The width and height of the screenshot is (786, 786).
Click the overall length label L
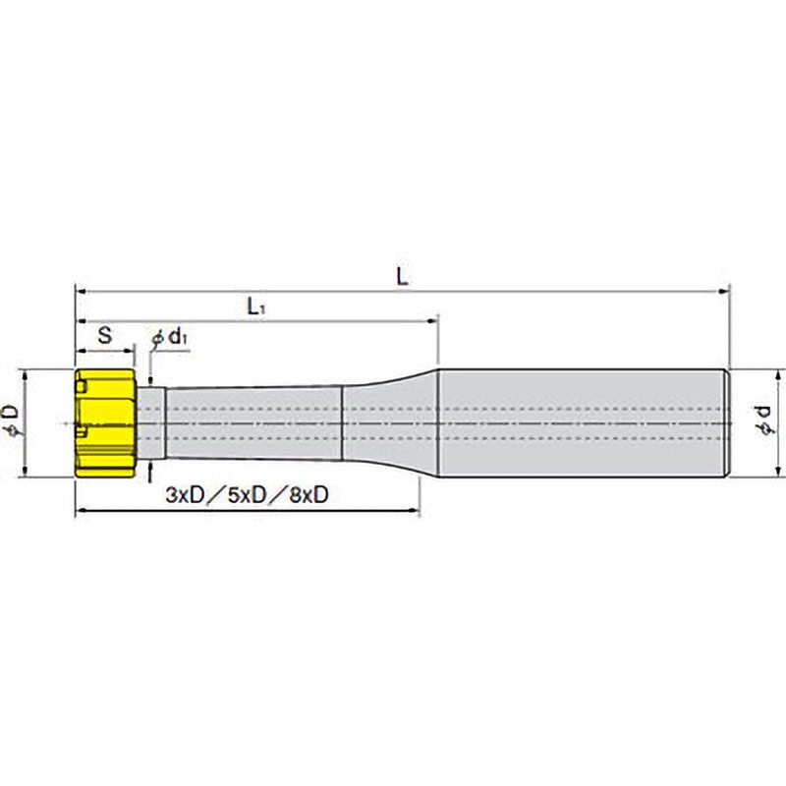coord(402,276)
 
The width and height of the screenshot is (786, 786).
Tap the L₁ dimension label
coord(255,307)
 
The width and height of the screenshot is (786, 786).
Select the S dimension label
coord(105,335)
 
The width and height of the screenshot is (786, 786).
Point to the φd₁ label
coord(170,337)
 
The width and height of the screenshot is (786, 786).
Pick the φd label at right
coord(766,421)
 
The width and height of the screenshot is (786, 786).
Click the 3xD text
coord(186,495)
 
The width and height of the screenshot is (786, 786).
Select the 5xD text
coord(248,495)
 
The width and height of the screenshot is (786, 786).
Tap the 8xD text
coord(309,495)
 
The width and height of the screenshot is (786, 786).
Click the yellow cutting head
coord(105,423)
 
